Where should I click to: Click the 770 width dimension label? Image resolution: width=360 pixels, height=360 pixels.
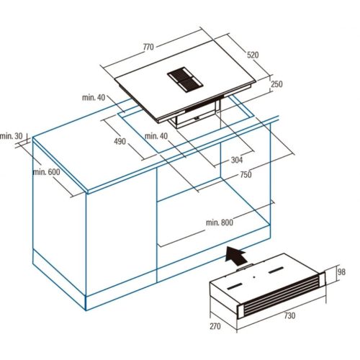point(149,47)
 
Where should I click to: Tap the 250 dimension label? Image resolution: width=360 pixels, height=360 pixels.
point(277,84)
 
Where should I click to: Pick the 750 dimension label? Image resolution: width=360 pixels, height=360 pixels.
point(246,175)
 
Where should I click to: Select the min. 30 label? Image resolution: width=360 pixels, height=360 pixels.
point(12,136)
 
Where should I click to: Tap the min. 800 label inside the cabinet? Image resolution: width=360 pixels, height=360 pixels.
point(219,222)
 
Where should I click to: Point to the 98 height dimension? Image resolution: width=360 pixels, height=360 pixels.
point(342,271)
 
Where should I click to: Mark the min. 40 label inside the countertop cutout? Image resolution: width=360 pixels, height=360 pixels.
point(156,136)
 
